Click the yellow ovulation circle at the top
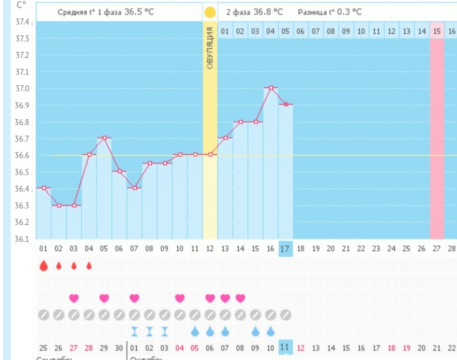(x=210, y=12)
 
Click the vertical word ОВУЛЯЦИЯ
(x=210, y=48)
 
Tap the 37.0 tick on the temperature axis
(x=25, y=89)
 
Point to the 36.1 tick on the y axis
(x=25, y=239)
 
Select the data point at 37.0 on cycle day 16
(x=271, y=87)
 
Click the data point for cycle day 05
(x=104, y=138)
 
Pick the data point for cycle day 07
(x=134, y=188)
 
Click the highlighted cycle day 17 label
(x=286, y=249)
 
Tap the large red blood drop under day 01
(x=43, y=265)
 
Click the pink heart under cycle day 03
(x=74, y=298)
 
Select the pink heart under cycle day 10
(x=180, y=298)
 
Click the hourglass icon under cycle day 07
(x=134, y=331)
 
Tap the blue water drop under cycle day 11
(x=195, y=331)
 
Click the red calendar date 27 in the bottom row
(x=74, y=348)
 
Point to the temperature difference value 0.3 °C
(x=349, y=12)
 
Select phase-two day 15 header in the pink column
(x=437, y=31)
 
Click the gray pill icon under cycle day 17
(x=286, y=315)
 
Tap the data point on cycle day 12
(x=210, y=154)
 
